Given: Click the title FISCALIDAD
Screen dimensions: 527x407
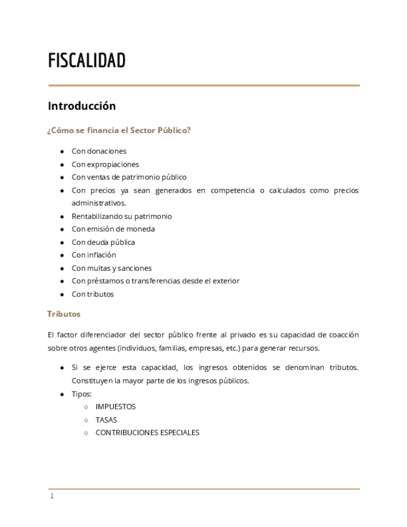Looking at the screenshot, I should click(87, 61).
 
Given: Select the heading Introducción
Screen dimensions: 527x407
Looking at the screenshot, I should click(82, 106).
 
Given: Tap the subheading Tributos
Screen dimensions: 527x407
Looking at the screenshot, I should click(64, 314).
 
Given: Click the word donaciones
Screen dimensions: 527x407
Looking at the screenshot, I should click(106, 151).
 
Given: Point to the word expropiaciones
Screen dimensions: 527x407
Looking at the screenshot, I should click(113, 165).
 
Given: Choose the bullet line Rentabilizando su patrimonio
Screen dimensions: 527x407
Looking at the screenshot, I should click(121, 216).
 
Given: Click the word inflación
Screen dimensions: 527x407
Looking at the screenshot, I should click(102, 255).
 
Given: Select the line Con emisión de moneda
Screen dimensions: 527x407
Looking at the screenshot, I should click(113, 229).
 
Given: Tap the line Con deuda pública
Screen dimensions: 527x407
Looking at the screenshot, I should click(103, 242).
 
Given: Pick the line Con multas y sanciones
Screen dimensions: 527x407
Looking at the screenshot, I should click(111, 268).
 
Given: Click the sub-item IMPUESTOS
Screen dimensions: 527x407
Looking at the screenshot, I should click(116, 406).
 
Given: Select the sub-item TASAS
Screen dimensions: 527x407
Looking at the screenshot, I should click(106, 420).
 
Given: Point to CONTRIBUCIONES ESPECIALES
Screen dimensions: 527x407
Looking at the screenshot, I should click(147, 433).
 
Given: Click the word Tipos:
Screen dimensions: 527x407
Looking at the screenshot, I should click(81, 394).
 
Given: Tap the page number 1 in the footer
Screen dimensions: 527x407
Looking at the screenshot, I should click(52, 496).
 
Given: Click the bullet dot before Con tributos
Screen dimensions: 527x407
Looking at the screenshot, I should click(62, 295).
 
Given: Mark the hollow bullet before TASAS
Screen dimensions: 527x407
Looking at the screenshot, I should click(86, 420).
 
